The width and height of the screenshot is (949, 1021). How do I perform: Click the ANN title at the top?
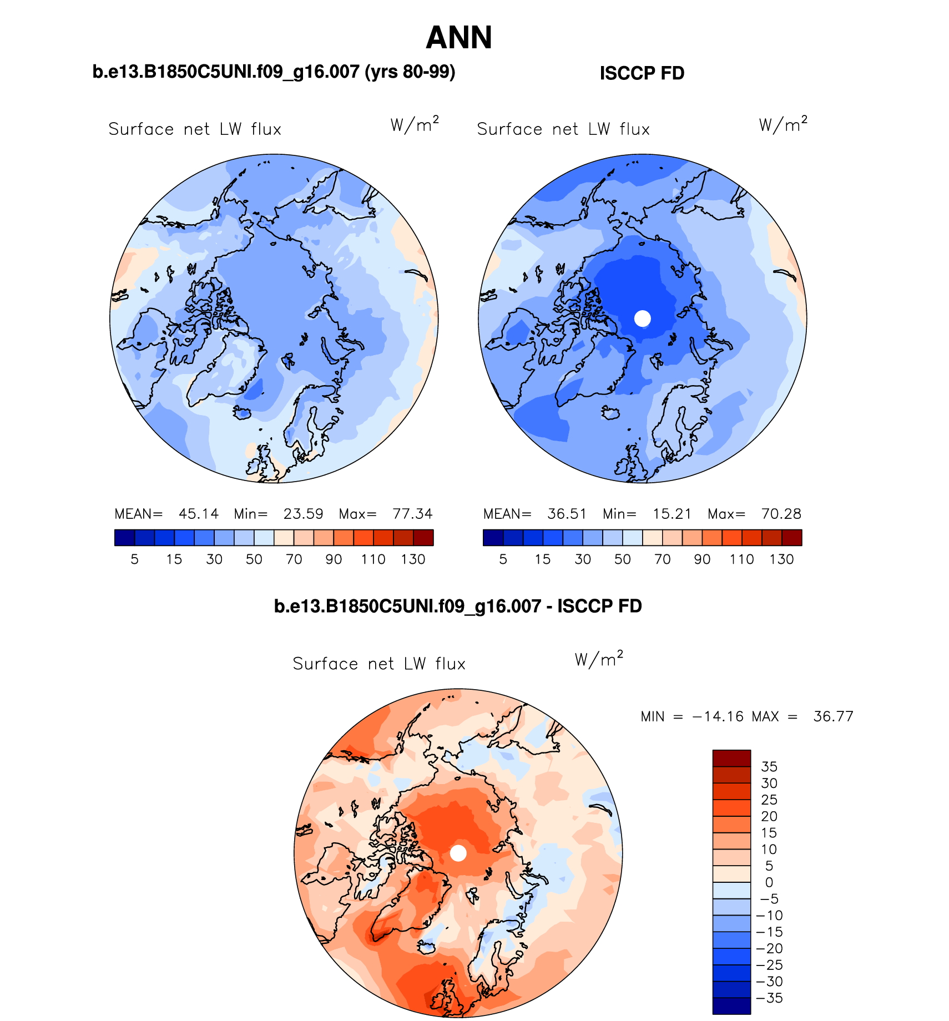tap(458, 38)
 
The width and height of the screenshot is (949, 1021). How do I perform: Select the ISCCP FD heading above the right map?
tap(642, 73)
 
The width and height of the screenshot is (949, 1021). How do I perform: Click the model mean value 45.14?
tap(199, 514)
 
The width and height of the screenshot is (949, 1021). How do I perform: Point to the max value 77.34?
tap(412, 514)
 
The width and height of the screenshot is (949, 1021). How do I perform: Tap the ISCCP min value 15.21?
tap(672, 514)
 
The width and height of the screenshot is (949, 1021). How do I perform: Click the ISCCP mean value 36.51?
tap(567, 514)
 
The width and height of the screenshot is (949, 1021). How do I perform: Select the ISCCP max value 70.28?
tap(781, 514)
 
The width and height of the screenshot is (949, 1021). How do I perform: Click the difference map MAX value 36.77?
tap(833, 717)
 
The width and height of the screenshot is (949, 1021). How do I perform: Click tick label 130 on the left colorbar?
tap(413, 559)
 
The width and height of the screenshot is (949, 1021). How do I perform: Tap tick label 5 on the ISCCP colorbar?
tap(503, 559)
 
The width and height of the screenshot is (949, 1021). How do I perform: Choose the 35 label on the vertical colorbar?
tap(769, 767)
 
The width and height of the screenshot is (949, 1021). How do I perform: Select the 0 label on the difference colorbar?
tap(769, 882)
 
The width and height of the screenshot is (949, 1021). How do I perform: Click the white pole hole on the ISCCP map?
tap(642, 319)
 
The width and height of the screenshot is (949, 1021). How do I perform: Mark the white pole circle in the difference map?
tap(458, 853)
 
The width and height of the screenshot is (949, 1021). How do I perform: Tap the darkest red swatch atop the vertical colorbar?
tap(731, 759)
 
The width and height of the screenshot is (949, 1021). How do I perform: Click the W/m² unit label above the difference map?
tap(599, 659)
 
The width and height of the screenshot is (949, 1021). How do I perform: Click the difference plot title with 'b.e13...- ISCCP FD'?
tap(458, 606)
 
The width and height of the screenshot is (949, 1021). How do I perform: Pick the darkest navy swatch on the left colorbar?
tap(124, 538)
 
